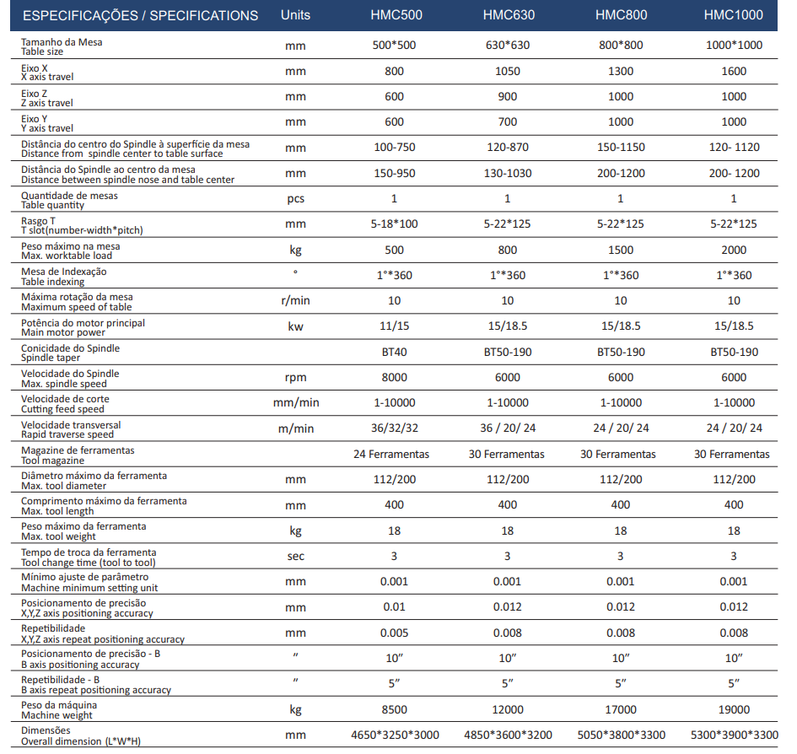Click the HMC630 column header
[509, 14]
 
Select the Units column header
[295, 14]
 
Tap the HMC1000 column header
[734, 14]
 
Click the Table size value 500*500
[394, 46]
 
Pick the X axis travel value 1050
[508, 71]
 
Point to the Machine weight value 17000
[621, 710]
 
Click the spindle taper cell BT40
[395, 352]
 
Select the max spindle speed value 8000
[395, 377]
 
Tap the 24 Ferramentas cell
[391, 454]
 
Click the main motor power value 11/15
[395, 326]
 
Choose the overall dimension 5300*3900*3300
[735, 735]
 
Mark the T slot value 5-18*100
[395, 224]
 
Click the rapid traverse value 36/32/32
[395, 428]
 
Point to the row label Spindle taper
[51, 358]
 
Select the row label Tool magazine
[53, 460]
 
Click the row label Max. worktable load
[67, 256]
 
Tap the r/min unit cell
[295, 300]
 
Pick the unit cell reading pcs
[295, 199]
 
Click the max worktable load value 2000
[734, 250]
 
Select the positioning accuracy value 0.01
[395, 607]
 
